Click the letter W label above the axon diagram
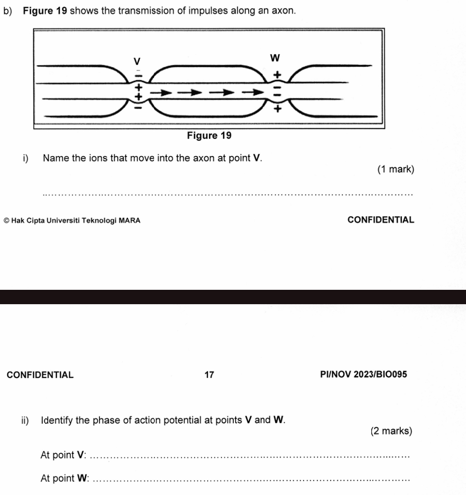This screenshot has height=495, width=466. [275, 57]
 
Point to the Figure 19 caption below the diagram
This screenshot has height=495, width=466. [209, 135]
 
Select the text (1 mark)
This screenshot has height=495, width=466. [395, 169]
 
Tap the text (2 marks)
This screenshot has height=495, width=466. [391, 431]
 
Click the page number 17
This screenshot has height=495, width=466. [209, 374]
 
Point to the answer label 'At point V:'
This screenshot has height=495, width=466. [63, 455]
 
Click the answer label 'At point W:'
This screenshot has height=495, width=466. [65, 478]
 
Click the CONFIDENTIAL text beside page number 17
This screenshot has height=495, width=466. [40, 374]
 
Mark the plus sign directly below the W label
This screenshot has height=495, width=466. [277, 74]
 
